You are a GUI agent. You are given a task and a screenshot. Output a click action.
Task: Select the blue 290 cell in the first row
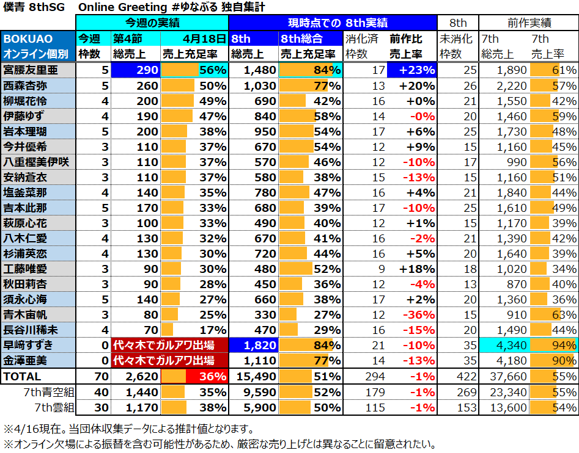pos(135,70)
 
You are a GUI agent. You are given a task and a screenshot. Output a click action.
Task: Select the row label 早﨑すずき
pos(29,345)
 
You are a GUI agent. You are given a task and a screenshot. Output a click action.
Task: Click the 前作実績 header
pos(528,23)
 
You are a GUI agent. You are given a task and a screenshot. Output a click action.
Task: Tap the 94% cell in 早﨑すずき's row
pos(553,345)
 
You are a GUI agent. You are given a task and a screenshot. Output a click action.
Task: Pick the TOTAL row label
pos(23,377)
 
